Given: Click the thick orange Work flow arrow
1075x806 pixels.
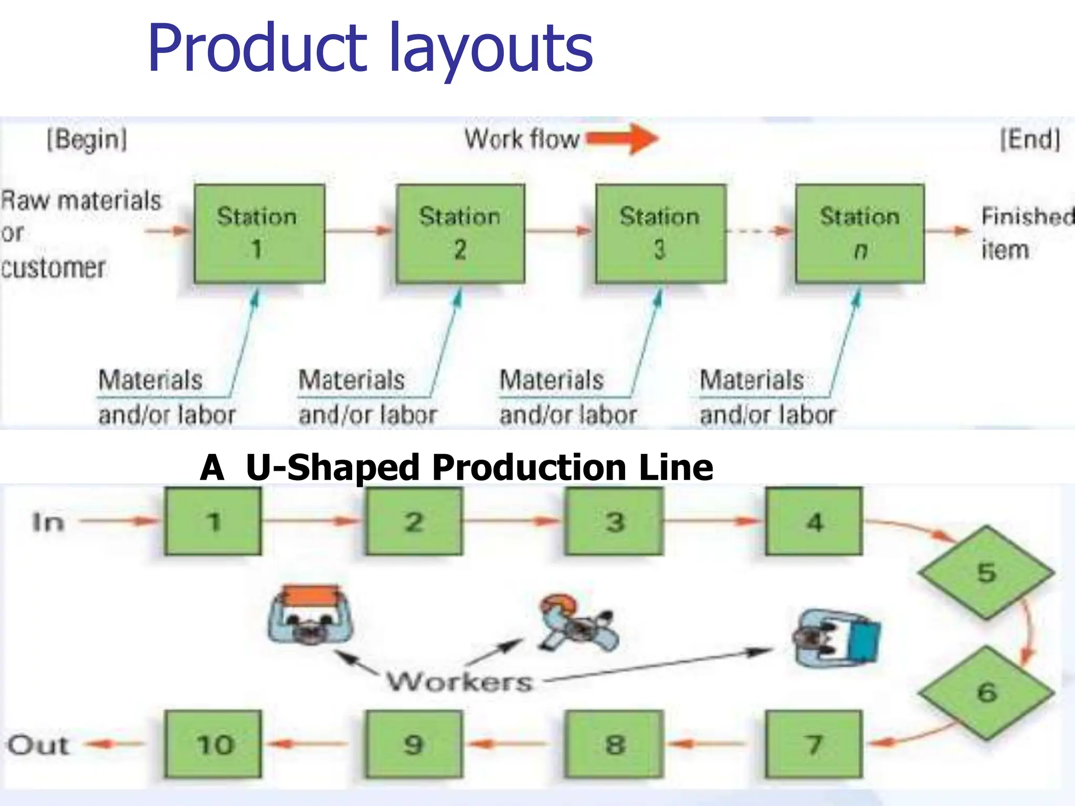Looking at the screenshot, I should click(x=622, y=139).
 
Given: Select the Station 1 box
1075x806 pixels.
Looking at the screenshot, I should click(x=259, y=234).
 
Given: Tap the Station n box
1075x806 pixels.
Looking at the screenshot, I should click(x=860, y=234).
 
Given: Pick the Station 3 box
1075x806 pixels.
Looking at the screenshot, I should click(x=660, y=234).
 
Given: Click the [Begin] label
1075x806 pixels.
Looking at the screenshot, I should click(x=87, y=140).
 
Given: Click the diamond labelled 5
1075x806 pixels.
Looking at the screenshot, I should click(x=986, y=572).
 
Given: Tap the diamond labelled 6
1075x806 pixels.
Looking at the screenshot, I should click(x=986, y=693).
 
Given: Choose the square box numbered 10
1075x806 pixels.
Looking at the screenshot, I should click(x=213, y=744).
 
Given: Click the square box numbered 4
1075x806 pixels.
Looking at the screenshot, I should click(x=814, y=521).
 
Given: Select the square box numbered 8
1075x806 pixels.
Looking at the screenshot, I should click(x=614, y=744).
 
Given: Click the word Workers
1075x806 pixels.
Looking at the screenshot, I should click(x=460, y=681).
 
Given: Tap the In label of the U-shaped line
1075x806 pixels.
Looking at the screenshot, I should click(x=48, y=522).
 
